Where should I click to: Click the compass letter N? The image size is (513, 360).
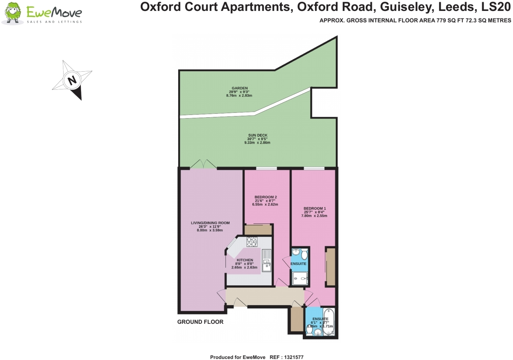tap(72, 80)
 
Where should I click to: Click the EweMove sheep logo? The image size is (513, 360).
tap(13, 13)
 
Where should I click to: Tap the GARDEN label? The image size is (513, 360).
tap(240, 88)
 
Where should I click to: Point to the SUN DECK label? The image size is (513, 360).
tap(258, 135)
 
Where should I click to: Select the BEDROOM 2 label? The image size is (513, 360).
tap(266, 197)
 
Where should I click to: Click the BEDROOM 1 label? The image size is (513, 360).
tap(314, 208)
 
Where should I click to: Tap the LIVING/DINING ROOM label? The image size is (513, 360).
tap(210, 223)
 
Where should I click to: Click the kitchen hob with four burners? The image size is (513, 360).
tap(252, 242)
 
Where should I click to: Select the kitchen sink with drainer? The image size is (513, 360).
tap(267, 261)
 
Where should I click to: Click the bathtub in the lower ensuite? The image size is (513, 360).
tap(329, 321)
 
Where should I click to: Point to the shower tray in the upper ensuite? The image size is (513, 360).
tap(300, 279)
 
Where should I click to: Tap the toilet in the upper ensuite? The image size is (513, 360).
tap(304, 254)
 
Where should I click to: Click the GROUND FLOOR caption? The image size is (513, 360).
tap(200, 322)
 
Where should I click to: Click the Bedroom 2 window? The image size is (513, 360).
tap(267, 169)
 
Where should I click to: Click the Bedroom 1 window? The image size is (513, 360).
tap(314, 169)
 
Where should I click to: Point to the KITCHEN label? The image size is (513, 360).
tap(245, 260)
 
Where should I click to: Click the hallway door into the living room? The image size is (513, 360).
tap(222, 296)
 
